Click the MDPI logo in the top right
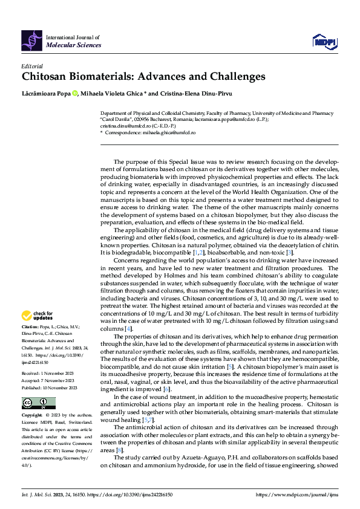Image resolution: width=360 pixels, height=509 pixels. pyautogui.click(x=326, y=41)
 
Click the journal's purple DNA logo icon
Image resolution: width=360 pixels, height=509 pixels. pyautogui.click(x=31, y=40)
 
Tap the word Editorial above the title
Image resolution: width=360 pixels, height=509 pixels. pyautogui.click(x=32, y=66)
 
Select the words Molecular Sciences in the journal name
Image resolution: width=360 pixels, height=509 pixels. pyautogui.click(x=74, y=45)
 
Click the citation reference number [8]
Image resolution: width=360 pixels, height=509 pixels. pyautogui.click(x=120, y=450)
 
